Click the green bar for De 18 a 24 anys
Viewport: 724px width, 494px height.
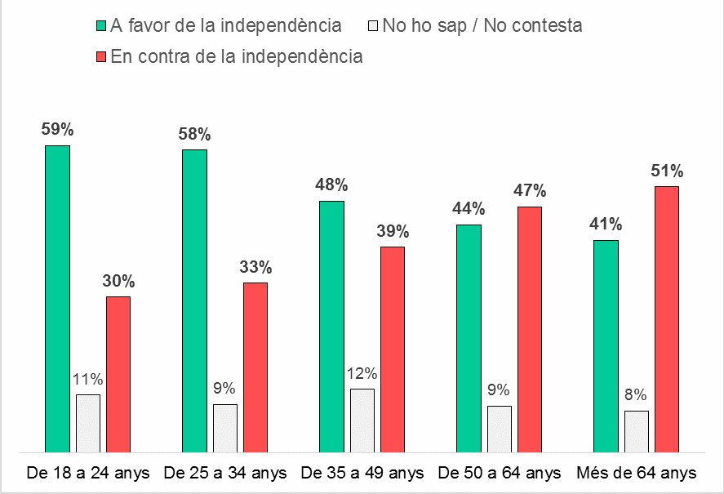click(x=57, y=298)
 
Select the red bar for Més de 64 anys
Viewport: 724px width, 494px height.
click(x=667, y=318)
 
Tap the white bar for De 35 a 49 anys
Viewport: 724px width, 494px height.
click(x=362, y=420)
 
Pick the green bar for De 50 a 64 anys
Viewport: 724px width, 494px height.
click(x=469, y=337)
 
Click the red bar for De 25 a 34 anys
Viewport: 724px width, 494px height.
click(x=255, y=367)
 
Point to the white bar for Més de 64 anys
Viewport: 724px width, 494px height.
click(x=637, y=430)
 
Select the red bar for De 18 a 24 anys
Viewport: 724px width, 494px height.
click(x=118, y=373)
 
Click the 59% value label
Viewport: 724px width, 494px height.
click(x=57, y=129)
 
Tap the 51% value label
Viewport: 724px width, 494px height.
click(x=667, y=171)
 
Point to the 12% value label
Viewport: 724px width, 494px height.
click(x=362, y=374)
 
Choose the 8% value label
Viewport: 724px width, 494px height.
click(x=637, y=396)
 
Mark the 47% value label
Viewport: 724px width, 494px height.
click(x=530, y=191)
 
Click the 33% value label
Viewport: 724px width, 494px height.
click(x=255, y=267)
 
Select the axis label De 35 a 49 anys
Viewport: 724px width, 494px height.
click(x=362, y=473)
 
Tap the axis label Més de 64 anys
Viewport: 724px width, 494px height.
click(x=636, y=473)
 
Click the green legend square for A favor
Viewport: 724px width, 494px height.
click(x=100, y=26)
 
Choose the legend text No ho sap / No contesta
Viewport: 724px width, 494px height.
click(x=482, y=25)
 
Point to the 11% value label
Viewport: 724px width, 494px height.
click(x=87, y=379)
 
